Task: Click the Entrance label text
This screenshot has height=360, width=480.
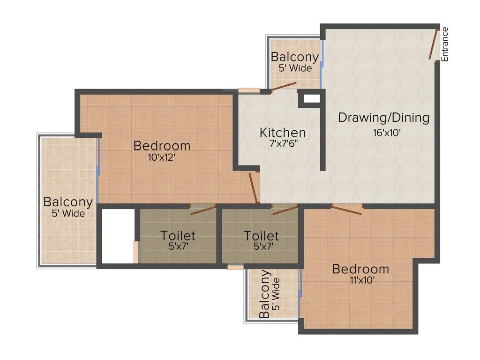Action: tap(445, 44)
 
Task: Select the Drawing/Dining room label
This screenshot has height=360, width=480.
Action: tap(383, 118)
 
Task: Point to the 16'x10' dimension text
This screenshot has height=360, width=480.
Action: tap(387, 133)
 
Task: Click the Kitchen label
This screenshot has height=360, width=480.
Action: tap(283, 133)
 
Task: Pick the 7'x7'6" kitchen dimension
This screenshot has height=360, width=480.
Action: tap(283, 144)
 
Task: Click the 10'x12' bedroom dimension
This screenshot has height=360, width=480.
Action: tap(162, 157)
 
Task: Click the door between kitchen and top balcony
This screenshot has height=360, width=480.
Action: tap(284, 86)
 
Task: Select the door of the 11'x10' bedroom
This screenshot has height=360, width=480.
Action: tap(347, 210)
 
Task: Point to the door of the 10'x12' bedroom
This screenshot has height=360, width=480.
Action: tap(254, 187)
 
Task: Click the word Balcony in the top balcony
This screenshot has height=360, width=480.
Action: tap(295, 57)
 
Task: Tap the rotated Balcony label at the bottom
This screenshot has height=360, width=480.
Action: tap(265, 294)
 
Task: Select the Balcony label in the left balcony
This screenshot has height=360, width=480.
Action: tap(68, 202)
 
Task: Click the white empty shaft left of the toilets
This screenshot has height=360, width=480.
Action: tap(118, 236)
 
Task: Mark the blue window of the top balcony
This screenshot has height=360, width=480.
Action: tap(322, 63)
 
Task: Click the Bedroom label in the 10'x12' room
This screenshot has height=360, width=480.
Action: tap(162, 146)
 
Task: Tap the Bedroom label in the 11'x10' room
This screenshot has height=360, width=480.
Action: tap(360, 269)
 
